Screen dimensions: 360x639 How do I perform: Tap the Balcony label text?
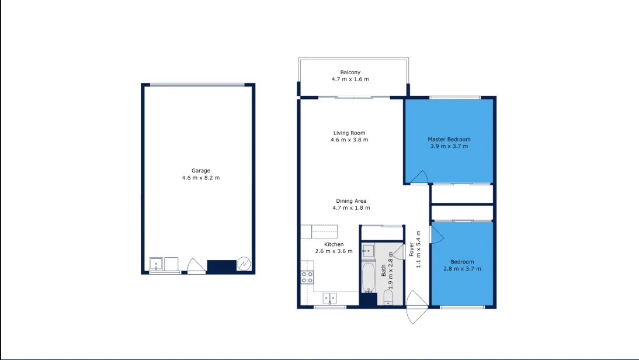350,72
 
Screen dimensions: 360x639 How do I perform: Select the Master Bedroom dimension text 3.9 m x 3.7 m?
449,146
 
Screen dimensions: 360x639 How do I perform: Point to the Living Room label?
349,133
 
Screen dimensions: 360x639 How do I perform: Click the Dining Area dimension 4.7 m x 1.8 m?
351,207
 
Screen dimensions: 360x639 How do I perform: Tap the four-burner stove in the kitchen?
307,278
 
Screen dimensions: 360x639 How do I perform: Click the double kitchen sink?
330,297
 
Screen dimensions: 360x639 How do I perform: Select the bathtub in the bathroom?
369,278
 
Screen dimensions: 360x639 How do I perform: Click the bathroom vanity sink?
368,251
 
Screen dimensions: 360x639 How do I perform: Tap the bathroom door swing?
398,251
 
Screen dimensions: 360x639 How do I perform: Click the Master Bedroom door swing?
419,176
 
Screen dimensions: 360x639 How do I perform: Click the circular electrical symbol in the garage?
244,265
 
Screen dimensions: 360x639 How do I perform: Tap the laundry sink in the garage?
157,265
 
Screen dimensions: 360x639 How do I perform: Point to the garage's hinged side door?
196,266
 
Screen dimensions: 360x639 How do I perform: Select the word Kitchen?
334,244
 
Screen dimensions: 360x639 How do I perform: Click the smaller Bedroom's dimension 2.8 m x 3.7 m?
462,269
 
